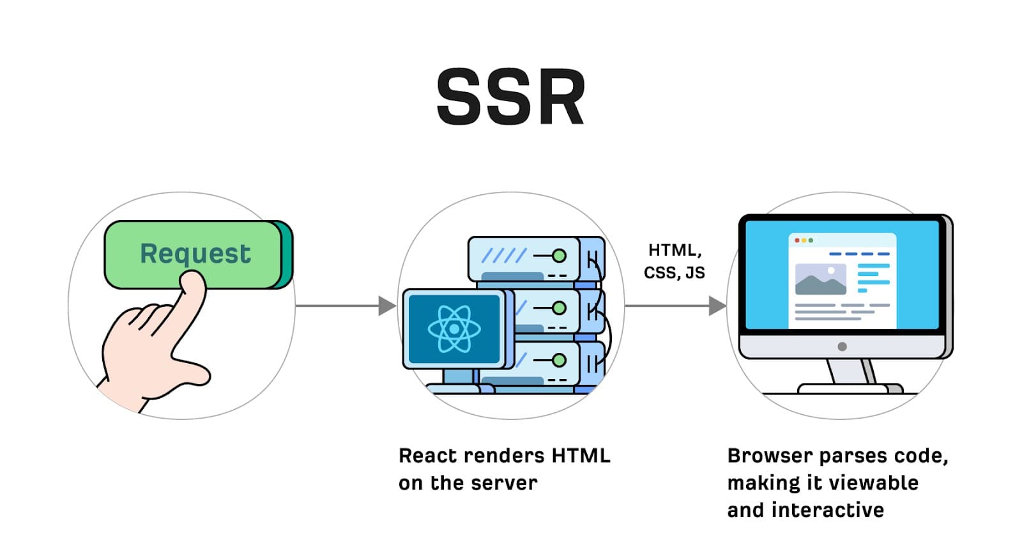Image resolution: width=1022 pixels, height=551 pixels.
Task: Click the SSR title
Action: click(x=510, y=98)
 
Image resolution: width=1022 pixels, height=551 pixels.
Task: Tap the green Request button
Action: click(x=195, y=254)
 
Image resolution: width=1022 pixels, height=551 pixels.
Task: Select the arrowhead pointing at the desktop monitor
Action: click(x=717, y=306)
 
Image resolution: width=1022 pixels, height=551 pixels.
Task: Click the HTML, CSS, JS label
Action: click(x=674, y=261)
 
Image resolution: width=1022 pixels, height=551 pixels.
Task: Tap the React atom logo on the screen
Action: click(x=454, y=329)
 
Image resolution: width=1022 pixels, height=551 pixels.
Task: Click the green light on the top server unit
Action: click(x=559, y=256)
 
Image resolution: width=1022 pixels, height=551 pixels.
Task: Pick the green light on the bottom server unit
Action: click(x=559, y=361)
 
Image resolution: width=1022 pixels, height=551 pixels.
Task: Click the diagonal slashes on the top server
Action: click(x=503, y=256)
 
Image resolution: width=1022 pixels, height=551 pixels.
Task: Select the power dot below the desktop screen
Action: click(x=842, y=346)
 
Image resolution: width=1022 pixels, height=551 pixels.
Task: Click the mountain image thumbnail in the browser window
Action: click(x=820, y=279)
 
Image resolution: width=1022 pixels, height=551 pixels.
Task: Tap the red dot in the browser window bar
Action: click(x=797, y=240)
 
